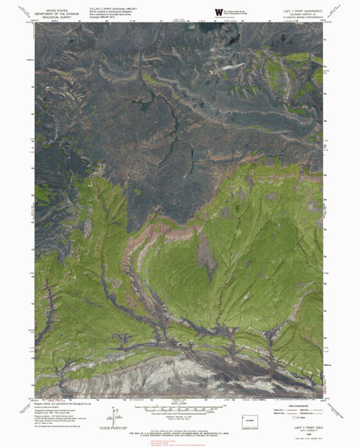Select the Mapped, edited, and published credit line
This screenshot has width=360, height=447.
[60, 406]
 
